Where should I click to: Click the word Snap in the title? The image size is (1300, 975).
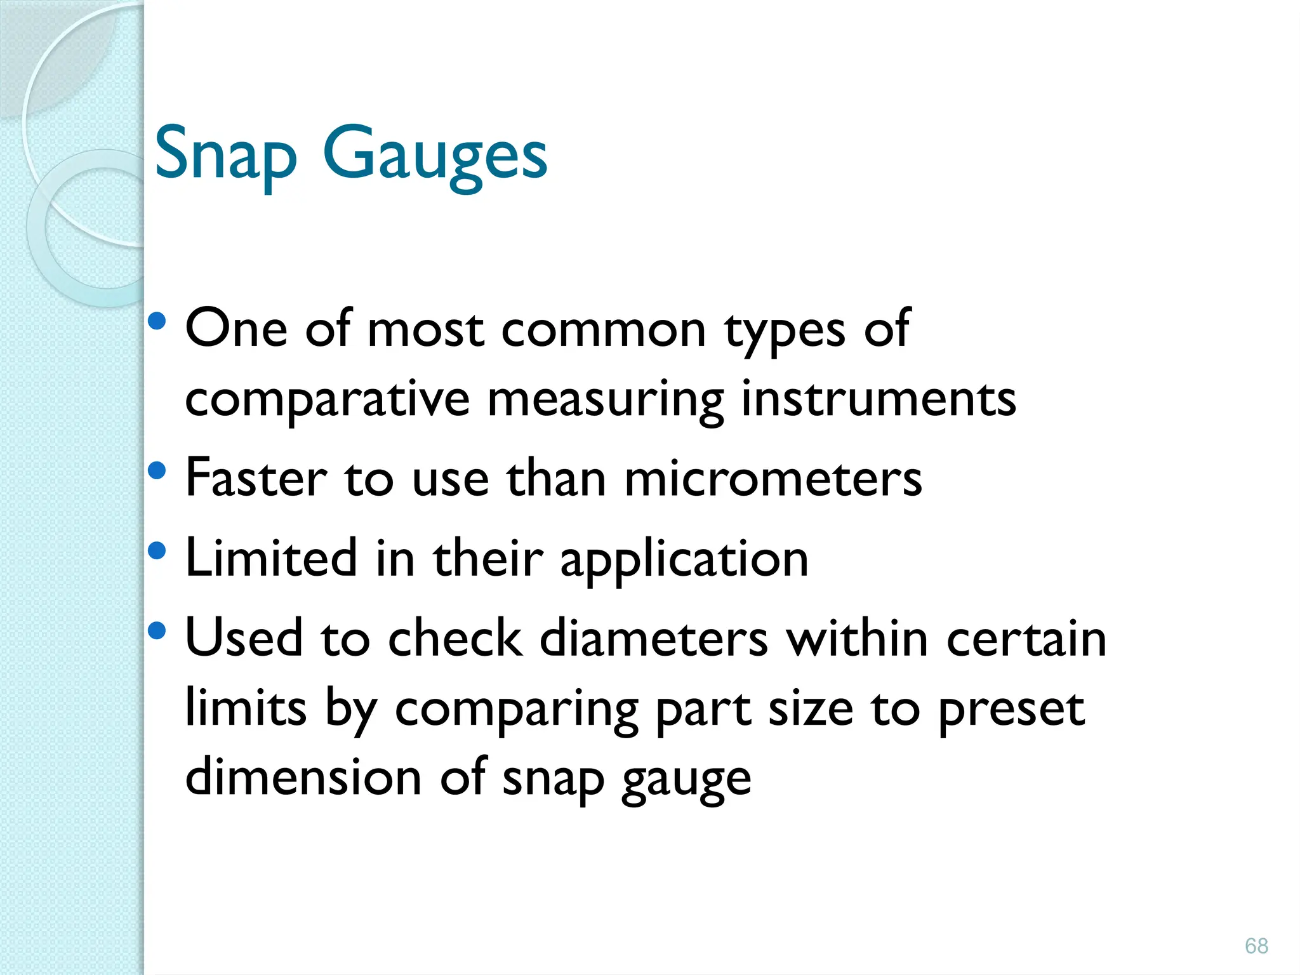225,154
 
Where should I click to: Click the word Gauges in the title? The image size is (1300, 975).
435,154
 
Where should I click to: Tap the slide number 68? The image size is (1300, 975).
1256,946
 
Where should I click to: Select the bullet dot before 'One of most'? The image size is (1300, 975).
157,321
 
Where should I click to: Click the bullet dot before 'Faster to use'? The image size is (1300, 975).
157,470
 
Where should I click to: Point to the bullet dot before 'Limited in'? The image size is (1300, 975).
157,550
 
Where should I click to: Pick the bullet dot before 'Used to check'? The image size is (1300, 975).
157,630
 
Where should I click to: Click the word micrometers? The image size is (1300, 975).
773,479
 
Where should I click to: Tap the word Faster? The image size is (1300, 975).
256,479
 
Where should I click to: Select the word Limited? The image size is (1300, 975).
271,559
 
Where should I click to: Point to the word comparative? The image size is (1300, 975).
328,400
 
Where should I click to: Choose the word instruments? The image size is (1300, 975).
879,400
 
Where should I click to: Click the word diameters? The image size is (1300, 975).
654,639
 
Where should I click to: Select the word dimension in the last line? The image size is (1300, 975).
303,778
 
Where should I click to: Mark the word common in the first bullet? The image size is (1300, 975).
604,330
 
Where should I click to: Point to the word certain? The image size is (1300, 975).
1026,639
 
